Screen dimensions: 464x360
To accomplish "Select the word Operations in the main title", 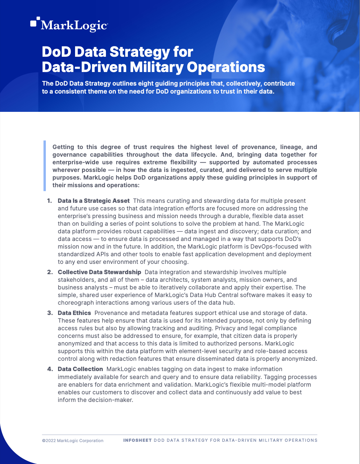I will [226, 67].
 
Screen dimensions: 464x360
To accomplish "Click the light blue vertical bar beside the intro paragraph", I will [45, 166].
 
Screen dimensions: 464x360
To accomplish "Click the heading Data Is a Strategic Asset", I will [94, 201].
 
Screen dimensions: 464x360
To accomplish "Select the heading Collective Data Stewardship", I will [99, 272].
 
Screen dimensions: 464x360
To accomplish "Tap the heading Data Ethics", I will [74, 313].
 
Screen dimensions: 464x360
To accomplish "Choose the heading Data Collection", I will [80, 369].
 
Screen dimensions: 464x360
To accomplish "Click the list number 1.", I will [49, 201].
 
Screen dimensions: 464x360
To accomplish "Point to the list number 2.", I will [50, 272].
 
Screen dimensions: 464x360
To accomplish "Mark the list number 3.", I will [50, 313].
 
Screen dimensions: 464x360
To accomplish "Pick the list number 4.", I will [50, 369].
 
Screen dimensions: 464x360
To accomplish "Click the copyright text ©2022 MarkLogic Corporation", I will [73, 441].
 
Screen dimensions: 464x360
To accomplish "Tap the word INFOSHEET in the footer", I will [137, 440].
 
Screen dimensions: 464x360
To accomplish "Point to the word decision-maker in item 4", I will [114, 400].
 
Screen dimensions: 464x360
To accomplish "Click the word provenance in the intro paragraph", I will [258, 147].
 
